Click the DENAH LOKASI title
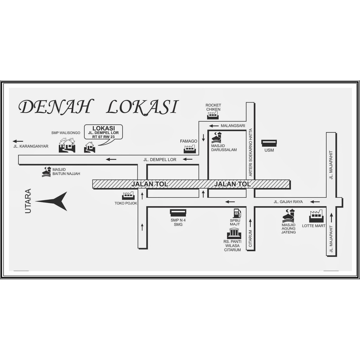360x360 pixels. pos(99,107)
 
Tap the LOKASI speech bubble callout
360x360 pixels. pos(103,132)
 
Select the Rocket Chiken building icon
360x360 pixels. pos(213,115)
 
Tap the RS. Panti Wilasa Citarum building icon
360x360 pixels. pos(234,233)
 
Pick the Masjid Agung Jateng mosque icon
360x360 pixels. pos(288,215)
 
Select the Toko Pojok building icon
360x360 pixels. pos(128,196)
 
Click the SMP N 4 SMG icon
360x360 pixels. pos(178,213)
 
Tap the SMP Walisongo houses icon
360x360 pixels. pos(67,145)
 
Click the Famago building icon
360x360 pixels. pos(190,149)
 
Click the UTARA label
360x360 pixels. pos(28,201)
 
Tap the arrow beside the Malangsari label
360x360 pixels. pos(214,126)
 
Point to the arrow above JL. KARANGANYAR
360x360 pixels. pos(18,141)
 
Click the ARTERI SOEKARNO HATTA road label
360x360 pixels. pos(250,153)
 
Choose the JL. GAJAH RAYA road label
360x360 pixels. pos(288,202)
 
